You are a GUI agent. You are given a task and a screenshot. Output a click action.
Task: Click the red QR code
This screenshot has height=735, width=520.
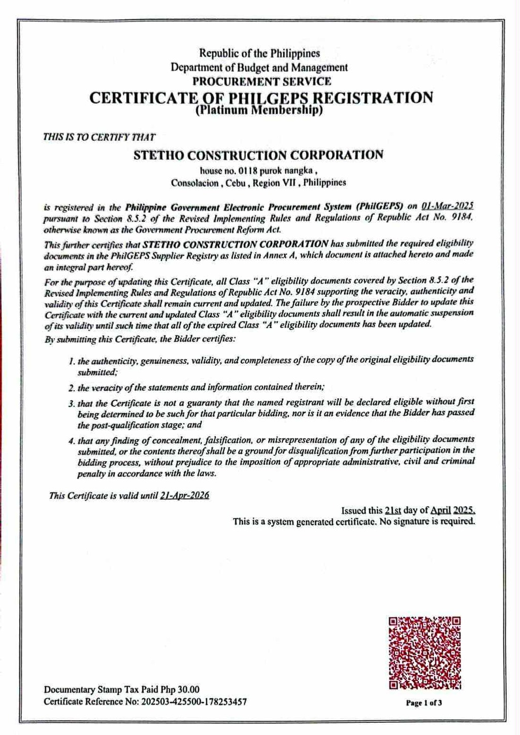pyautogui.click(x=425, y=652)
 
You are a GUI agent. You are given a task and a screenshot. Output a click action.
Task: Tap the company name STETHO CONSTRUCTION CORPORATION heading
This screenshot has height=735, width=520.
pyautogui.click(x=258, y=155)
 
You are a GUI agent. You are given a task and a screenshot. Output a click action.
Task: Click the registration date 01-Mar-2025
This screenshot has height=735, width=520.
pyautogui.click(x=447, y=206)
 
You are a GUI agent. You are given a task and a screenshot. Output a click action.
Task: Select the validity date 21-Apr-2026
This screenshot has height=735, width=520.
pyautogui.click(x=184, y=496)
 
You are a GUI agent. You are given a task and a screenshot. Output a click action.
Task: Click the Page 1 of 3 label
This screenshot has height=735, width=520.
pyautogui.click(x=424, y=703)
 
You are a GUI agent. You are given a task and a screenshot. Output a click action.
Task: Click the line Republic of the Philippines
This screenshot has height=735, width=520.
pyautogui.click(x=259, y=53)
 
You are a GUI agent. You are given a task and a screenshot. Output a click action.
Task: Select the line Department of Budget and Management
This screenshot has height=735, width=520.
pyautogui.click(x=259, y=67)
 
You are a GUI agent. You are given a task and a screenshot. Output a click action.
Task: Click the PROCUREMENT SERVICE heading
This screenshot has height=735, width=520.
pyautogui.click(x=262, y=81)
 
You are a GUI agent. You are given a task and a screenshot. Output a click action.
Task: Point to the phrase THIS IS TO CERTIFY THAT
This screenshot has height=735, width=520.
pyautogui.click(x=99, y=136)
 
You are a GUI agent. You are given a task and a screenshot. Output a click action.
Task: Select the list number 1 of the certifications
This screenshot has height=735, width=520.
pyautogui.click(x=72, y=361)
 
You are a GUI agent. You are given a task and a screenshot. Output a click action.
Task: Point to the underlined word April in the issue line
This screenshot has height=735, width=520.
pyautogui.click(x=441, y=510)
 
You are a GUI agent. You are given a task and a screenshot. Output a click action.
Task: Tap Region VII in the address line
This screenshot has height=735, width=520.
pyautogui.click(x=275, y=183)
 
